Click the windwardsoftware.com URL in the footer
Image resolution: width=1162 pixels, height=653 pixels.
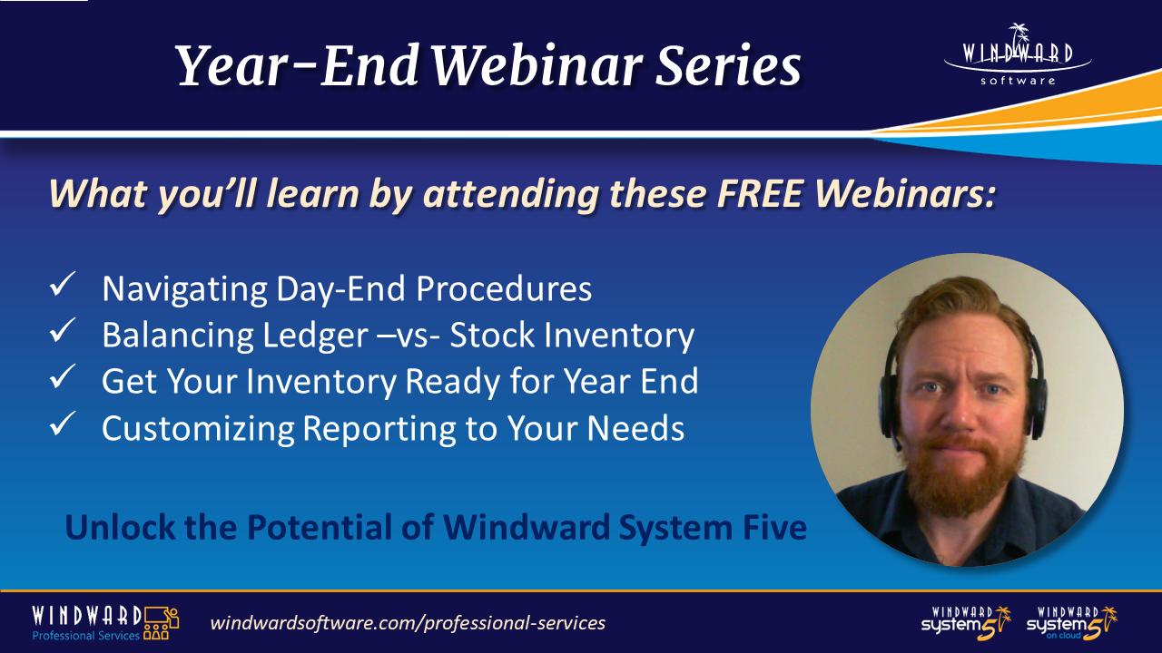click(x=408, y=623)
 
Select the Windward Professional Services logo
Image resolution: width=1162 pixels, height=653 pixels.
click(x=104, y=622)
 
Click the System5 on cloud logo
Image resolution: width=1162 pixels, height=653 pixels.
click(x=1072, y=623)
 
